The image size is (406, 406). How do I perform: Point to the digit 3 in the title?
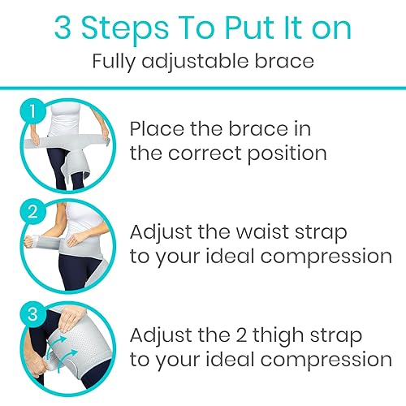[x=64, y=28]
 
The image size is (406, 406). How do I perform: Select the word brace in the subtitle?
[x=269, y=61]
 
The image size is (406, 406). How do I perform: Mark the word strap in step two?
[x=330, y=232]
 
